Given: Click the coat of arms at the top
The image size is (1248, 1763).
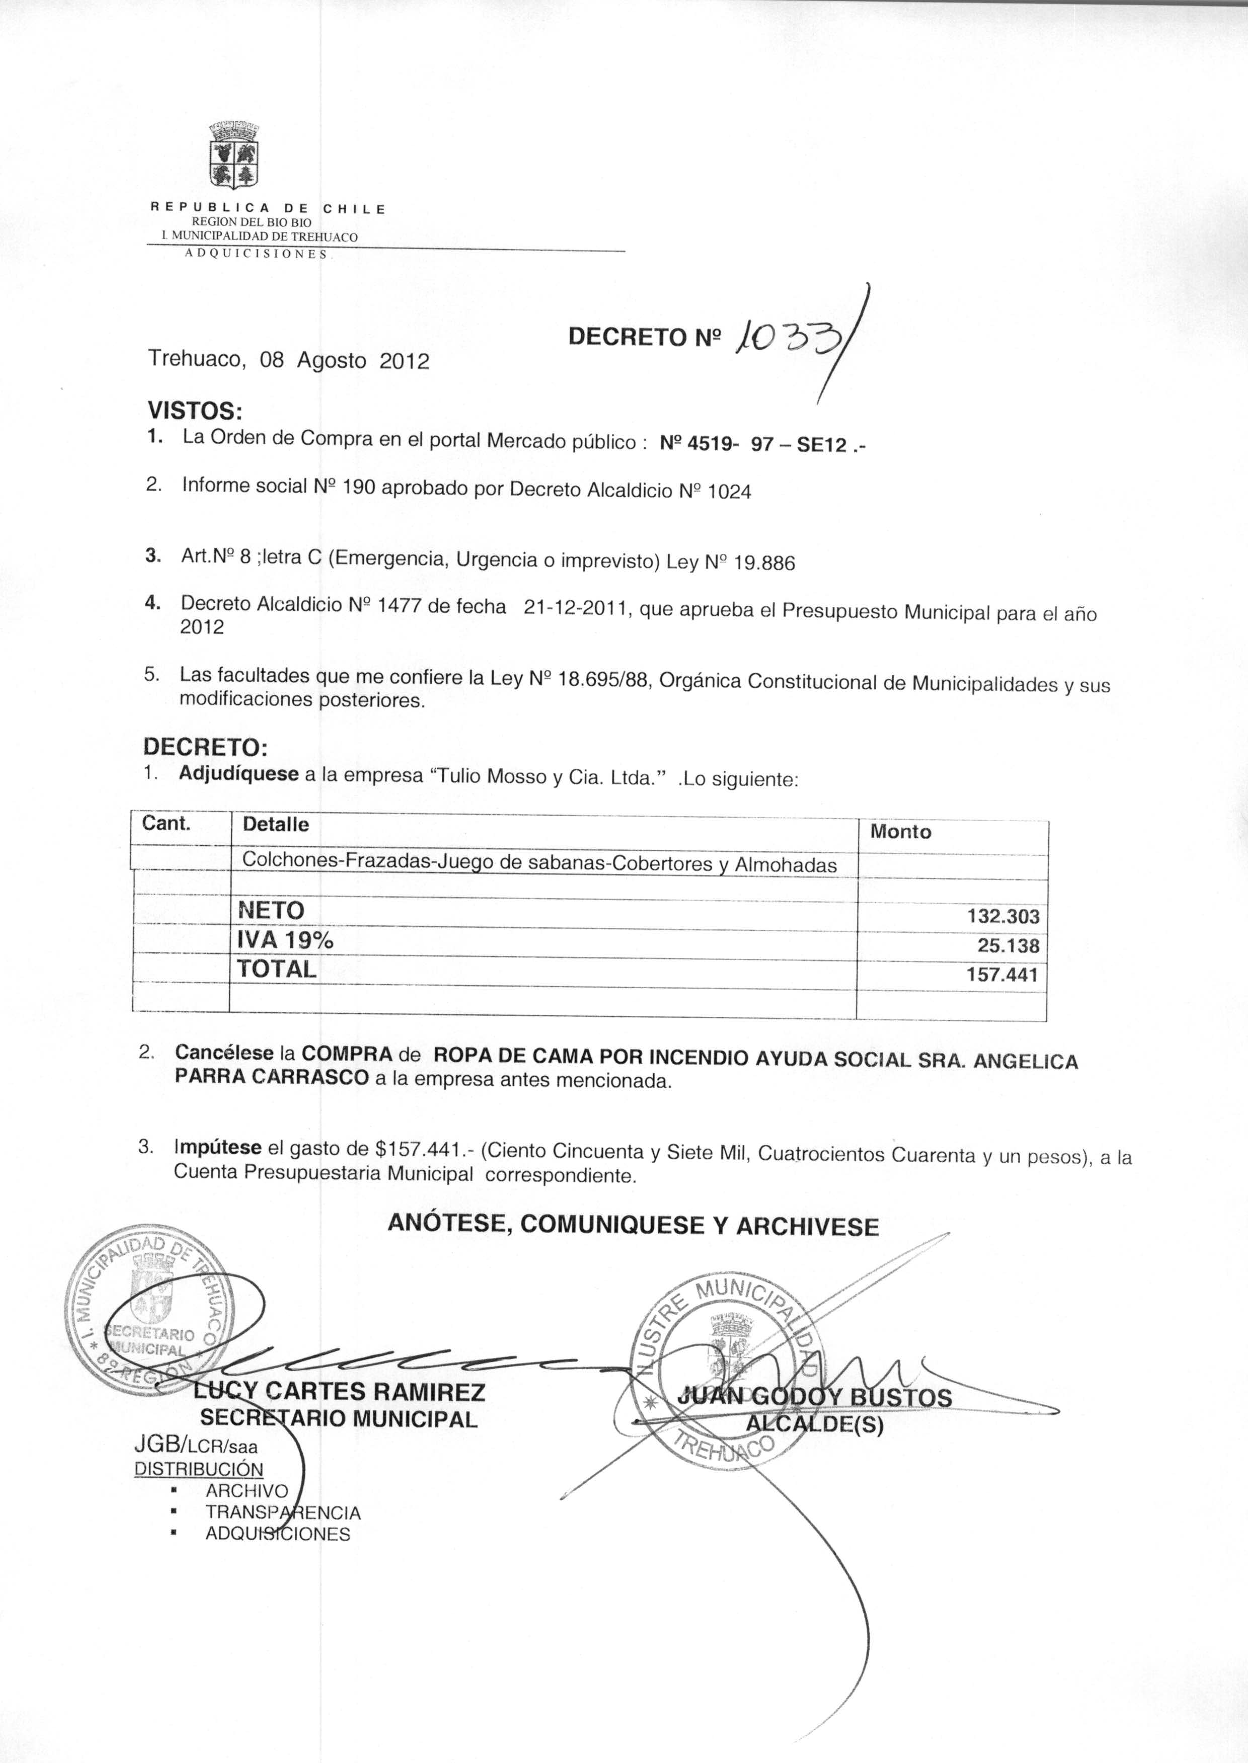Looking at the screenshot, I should [233, 156].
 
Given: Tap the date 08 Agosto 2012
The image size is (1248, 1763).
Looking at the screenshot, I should [344, 360].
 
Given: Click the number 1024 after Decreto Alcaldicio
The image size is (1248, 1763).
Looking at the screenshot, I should [729, 492].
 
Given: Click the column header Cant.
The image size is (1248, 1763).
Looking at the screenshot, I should [166, 824].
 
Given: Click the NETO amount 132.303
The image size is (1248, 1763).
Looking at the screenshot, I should [1003, 916].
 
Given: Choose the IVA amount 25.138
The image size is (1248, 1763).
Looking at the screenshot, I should [1008, 945].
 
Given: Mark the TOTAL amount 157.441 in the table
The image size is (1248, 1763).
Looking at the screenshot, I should [1002, 975].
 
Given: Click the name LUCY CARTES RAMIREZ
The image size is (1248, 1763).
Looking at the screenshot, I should [339, 1392].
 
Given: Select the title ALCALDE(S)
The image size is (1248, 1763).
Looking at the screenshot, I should [815, 1425].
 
